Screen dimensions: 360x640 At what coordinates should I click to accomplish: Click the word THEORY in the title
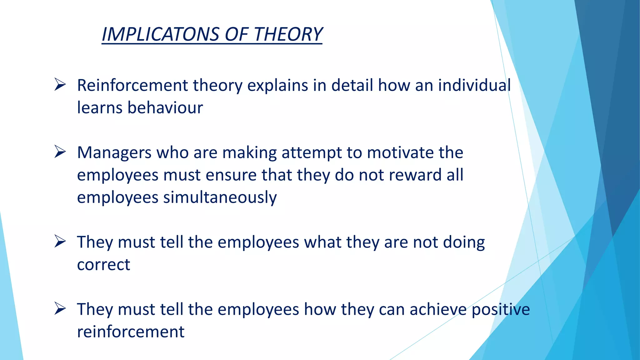[288, 34]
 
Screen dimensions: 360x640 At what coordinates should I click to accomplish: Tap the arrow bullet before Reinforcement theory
[60, 85]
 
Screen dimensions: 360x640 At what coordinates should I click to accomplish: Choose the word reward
[415, 175]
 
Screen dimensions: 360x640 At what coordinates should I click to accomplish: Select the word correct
[103, 265]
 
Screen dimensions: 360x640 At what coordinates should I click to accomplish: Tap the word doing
[464, 243]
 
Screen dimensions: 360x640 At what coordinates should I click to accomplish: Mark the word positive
[501, 310]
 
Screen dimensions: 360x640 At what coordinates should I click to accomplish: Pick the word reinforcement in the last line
[131, 332]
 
